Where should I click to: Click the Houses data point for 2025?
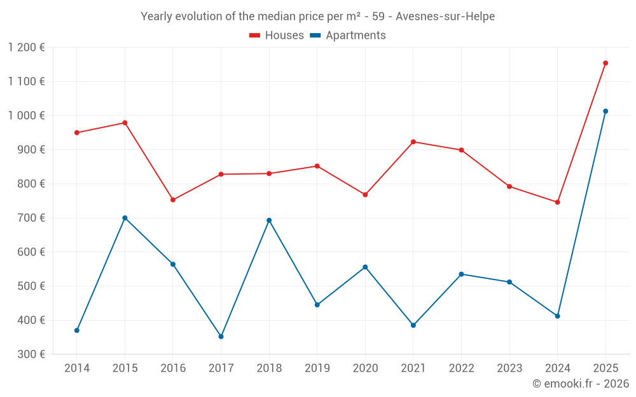point(605,63)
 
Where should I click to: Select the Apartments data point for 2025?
point(605,111)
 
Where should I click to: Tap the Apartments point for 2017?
point(221,337)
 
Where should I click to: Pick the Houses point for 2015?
point(125,123)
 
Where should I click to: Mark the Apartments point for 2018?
point(269,220)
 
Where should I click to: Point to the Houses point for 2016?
point(173,200)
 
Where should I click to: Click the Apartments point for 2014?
point(77,330)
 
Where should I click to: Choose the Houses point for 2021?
point(413,142)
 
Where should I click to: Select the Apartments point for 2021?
point(413,325)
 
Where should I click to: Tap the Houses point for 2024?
point(557,202)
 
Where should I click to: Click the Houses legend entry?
point(277,36)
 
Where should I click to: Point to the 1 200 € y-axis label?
point(27,47)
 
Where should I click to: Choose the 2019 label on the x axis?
point(317,368)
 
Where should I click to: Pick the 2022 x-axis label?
point(461,368)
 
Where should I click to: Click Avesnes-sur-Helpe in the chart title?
point(445,17)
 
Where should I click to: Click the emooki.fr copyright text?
point(581,384)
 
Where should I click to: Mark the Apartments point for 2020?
point(365,267)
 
